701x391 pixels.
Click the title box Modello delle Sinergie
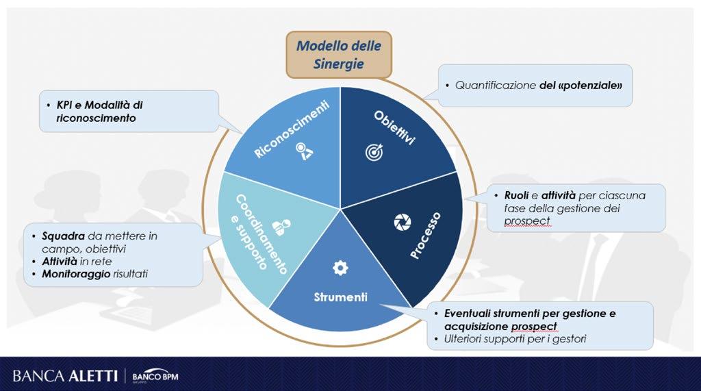tap(338, 55)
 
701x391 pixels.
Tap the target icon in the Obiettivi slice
tap(374, 152)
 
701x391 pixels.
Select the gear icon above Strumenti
tap(340, 268)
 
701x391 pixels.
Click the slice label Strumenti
tap(340, 297)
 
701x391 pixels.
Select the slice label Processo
tap(426, 235)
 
